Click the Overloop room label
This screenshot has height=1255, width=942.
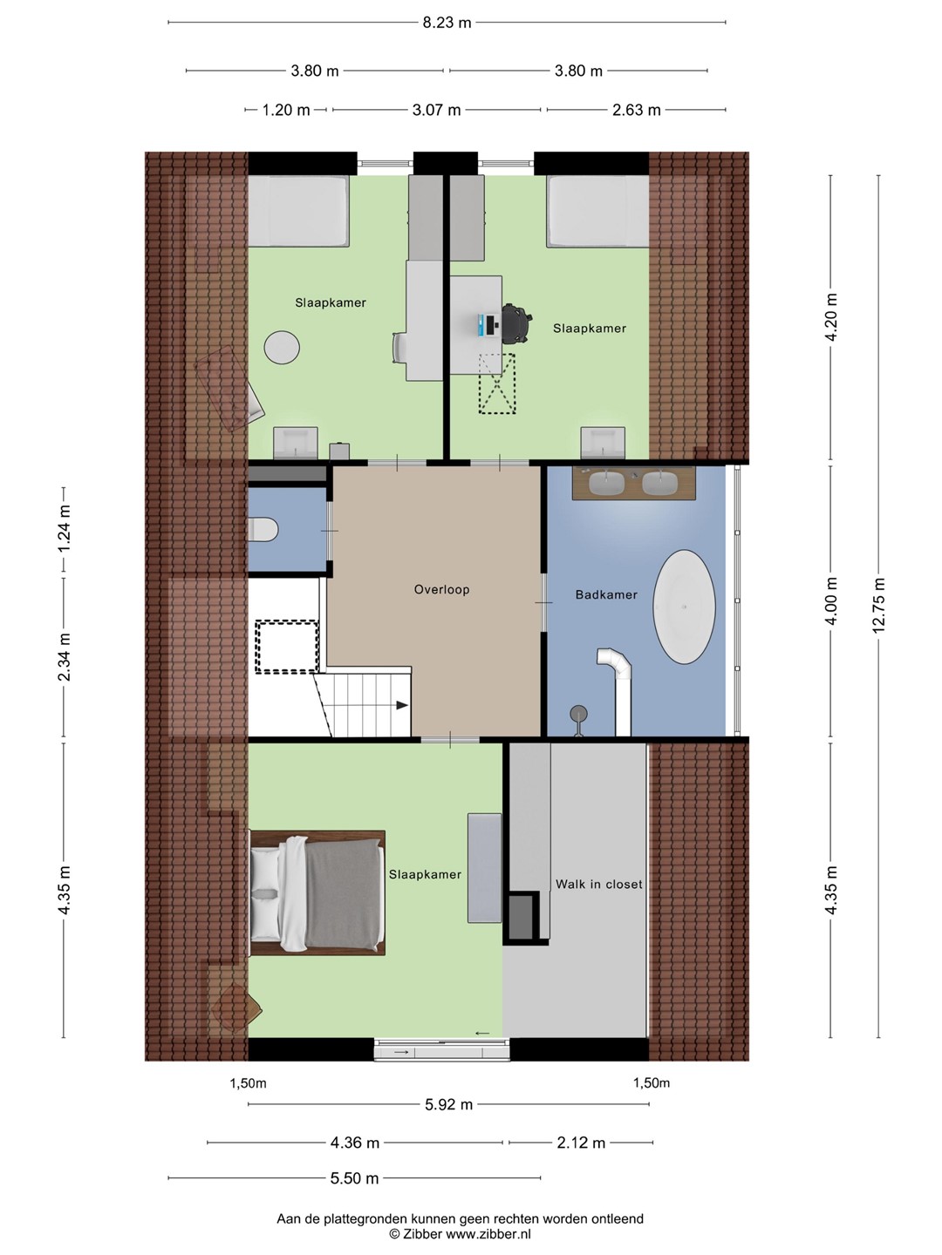(441, 589)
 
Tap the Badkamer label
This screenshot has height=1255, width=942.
(606, 594)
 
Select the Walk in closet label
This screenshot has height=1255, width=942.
(599, 884)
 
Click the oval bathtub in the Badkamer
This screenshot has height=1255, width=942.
(684, 607)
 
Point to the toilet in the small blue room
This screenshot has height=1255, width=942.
(263, 529)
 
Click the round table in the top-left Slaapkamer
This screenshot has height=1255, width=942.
(282, 347)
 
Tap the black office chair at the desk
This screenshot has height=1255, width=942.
(516, 323)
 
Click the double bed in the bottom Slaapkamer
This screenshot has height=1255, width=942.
(317, 892)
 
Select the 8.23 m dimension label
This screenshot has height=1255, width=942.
(447, 23)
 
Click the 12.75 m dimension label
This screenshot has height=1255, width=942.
(878, 605)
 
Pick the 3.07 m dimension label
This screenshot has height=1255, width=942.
(436, 110)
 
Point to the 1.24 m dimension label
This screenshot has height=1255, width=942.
(64, 529)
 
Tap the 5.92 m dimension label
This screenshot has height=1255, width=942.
(448, 1104)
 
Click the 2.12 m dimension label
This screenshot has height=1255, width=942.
(581, 1143)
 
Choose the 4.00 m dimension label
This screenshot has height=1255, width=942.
(831, 600)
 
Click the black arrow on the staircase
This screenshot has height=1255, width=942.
(402, 705)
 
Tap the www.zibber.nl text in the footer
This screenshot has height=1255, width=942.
(488, 1234)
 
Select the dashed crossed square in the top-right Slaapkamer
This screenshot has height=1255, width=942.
(497, 383)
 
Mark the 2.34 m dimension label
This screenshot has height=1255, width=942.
(64, 656)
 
